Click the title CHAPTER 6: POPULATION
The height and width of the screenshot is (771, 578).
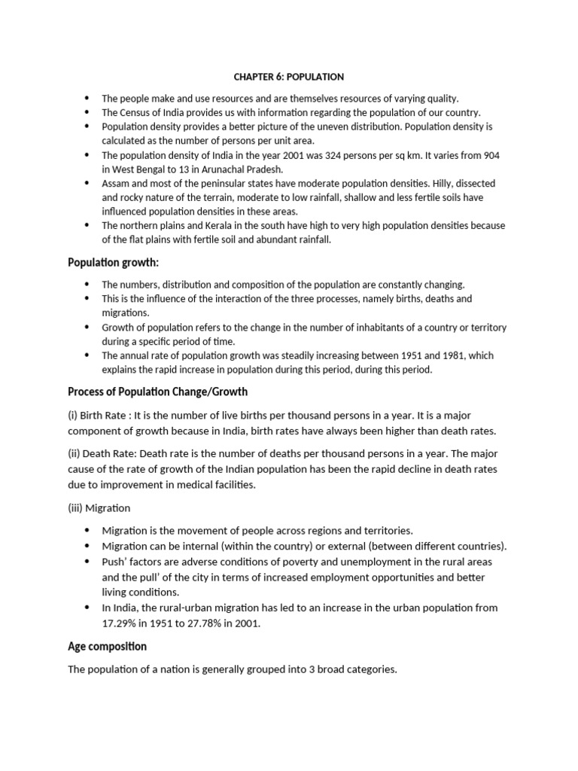tap(288, 77)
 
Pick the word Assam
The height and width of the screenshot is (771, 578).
tap(117, 183)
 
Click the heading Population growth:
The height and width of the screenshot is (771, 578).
tap(114, 262)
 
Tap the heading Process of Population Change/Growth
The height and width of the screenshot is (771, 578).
tap(157, 392)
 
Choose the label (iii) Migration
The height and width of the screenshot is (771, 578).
tap(99, 508)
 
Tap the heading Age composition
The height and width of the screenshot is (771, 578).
tap(107, 646)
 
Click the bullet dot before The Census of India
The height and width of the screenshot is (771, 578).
tap(87, 112)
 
